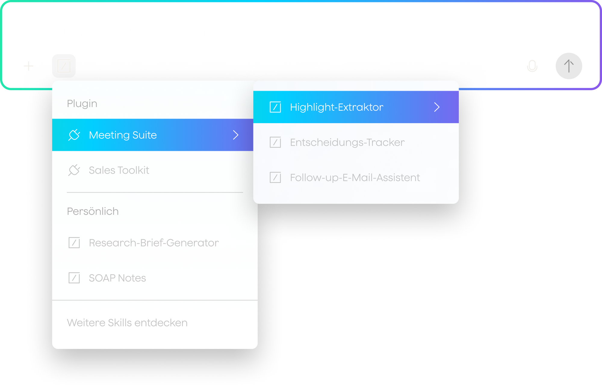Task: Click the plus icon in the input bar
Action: [29, 66]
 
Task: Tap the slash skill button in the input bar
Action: [64, 66]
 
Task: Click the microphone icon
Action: [532, 66]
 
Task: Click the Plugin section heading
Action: [82, 104]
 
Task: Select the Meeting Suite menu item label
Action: [123, 135]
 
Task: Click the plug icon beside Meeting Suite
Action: [74, 135]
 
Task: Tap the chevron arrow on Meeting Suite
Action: [236, 135]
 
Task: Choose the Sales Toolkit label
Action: [119, 170]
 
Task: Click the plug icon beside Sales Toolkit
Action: [74, 170]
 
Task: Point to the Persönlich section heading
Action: [93, 211]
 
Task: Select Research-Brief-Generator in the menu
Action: [154, 243]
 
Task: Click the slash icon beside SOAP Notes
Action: [74, 278]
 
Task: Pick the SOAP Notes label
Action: [117, 278]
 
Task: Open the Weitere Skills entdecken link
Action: [127, 323]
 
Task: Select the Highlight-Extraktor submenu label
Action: [337, 107]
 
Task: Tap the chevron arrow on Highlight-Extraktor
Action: [437, 107]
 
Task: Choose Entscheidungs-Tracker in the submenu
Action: [347, 142]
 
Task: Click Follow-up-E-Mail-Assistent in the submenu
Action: [355, 178]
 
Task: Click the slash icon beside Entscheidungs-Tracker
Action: [275, 142]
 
